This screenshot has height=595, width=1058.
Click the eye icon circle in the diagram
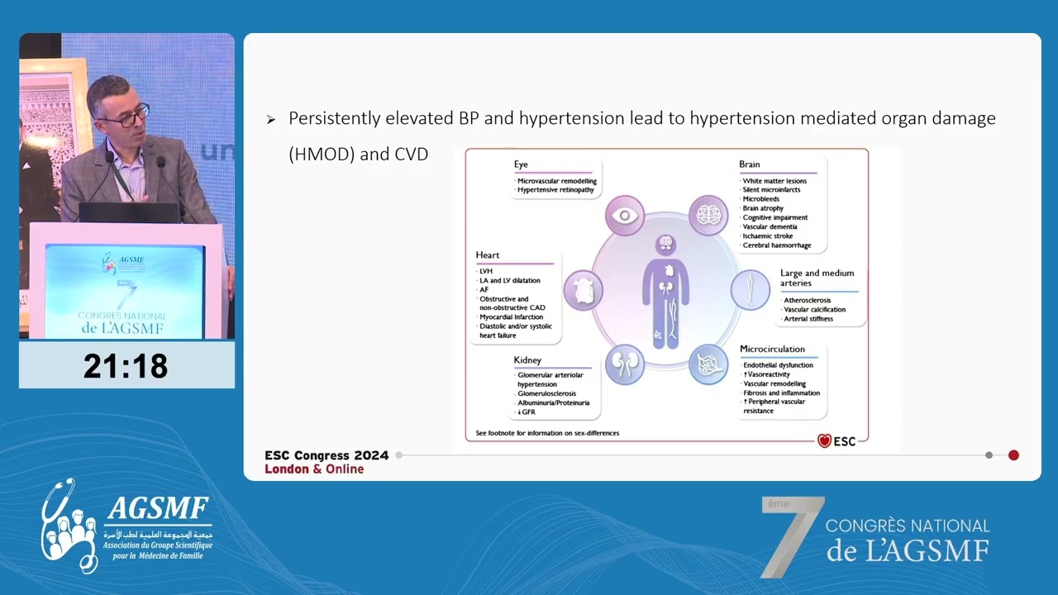[625, 217]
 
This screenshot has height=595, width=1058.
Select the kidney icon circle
[625, 364]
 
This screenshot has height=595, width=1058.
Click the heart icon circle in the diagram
[583, 291]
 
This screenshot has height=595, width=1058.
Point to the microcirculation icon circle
[709, 364]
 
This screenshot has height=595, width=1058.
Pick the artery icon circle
[751, 290]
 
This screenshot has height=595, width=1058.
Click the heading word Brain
[750, 164]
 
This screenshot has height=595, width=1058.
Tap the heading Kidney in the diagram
[527, 360]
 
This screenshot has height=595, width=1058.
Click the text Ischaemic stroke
[768, 236]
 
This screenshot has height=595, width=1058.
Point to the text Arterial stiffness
[808, 319]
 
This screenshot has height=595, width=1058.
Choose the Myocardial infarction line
[512, 317]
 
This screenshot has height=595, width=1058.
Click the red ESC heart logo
[824, 441]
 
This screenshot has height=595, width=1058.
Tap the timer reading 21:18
[126, 365]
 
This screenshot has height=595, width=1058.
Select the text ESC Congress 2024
[326, 455]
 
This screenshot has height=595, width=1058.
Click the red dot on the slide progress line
[1013, 455]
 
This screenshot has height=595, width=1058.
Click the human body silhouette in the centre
[665, 293]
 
